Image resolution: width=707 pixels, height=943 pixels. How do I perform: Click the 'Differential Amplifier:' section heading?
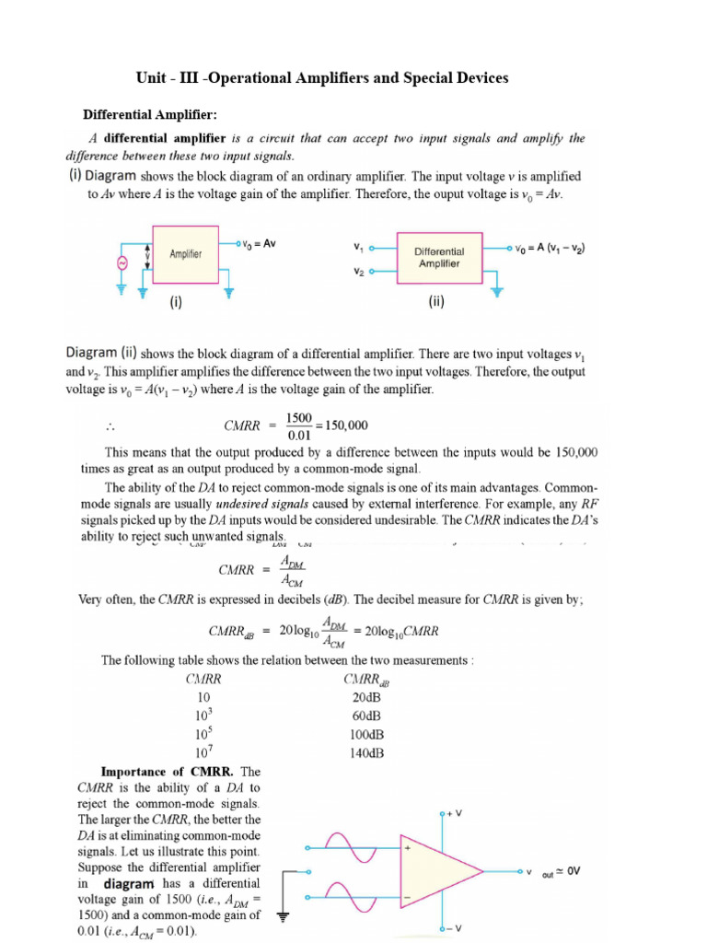tap(150, 115)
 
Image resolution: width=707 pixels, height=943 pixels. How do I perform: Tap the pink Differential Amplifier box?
tap(438, 256)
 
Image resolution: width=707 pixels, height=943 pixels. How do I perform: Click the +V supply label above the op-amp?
tap(451, 814)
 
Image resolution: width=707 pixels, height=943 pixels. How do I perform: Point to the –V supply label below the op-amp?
tap(451, 929)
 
